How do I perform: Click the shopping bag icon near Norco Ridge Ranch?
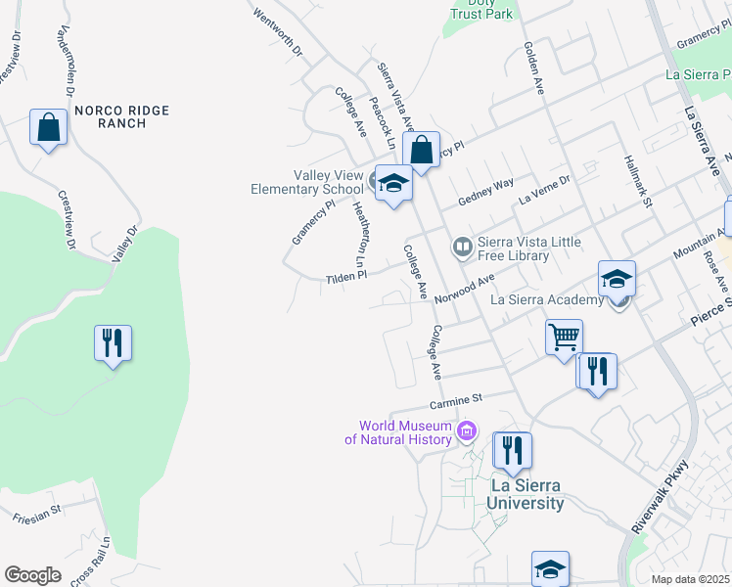coord(48,127)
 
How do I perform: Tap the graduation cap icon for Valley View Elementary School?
coord(393,183)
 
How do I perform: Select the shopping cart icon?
coord(564,339)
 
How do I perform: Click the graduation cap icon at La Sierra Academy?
coord(617,279)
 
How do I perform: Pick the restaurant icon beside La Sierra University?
coord(512,450)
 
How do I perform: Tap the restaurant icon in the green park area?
coord(113,342)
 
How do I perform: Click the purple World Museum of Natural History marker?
coord(467,431)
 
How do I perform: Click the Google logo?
coord(32,575)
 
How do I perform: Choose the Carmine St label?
coord(457,399)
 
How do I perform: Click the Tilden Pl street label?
coord(345,278)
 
